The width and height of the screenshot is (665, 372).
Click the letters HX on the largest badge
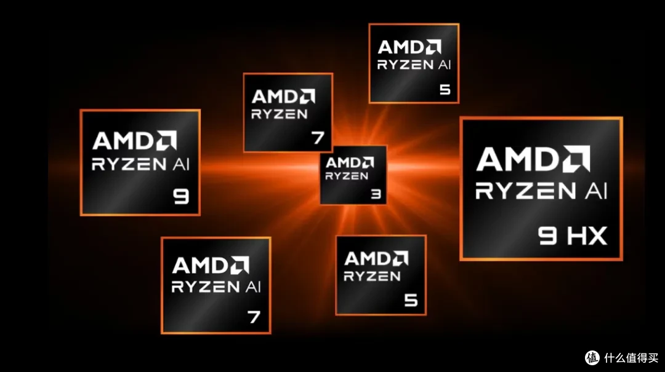pyautogui.click(x=586, y=236)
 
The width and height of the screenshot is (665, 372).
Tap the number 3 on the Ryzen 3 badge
pyautogui.click(x=376, y=194)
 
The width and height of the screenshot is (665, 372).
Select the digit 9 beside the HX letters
pyautogui.click(x=547, y=236)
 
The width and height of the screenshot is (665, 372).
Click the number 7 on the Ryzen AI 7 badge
pyautogui.click(x=254, y=317)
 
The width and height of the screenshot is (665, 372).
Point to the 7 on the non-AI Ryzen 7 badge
pyautogui.click(x=318, y=137)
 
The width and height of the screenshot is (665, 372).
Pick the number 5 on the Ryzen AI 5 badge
pyautogui.click(x=445, y=89)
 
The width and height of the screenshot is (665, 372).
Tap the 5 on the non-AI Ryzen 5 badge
pyautogui.click(x=411, y=300)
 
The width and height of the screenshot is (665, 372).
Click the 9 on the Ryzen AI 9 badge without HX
pyautogui.click(x=181, y=196)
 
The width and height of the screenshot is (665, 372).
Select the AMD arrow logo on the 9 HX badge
pyautogui.click(x=576, y=159)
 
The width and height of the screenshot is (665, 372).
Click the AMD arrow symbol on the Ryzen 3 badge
pyautogui.click(x=369, y=163)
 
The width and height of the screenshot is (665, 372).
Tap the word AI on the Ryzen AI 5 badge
pyautogui.click(x=445, y=65)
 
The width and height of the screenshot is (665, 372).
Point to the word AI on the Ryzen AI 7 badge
pyautogui.click(x=254, y=287)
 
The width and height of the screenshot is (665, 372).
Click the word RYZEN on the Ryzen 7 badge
pyautogui.click(x=280, y=114)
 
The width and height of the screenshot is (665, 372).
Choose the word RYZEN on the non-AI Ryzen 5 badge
pyautogui.click(x=372, y=277)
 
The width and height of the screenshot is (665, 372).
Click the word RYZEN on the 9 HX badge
pyautogui.click(x=525, y=191)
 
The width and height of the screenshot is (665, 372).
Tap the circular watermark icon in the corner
pyautogui.click(x=592, y=358)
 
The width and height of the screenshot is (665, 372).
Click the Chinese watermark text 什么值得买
pyautogui.click(x=632, y=358)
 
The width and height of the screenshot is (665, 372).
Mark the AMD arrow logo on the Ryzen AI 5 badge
pyautogui.click(x=433, y=47)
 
